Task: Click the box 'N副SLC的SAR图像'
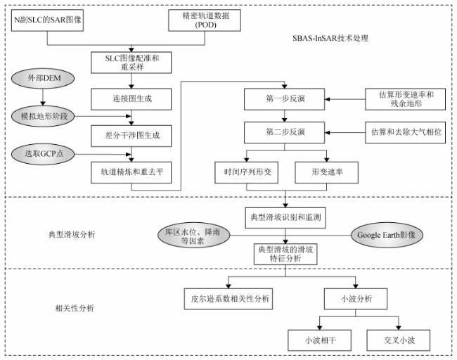click(x=48, y=19)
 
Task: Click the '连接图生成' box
click(x=131, y=99)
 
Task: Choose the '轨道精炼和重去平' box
click(x=131, y=170)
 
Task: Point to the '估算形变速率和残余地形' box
click(x=406, y=99)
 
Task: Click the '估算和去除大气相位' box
click(x=406, y=131)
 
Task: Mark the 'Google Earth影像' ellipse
click(x=387, y=233)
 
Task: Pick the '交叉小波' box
click(x=394, y=340)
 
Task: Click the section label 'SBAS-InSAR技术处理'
click(x=330, y=37)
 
